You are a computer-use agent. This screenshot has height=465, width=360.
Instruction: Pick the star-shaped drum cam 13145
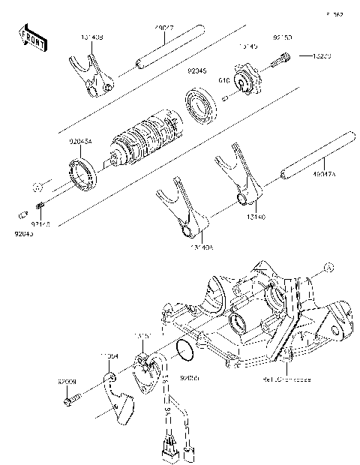pyautogui.click(x=247, y=80)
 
